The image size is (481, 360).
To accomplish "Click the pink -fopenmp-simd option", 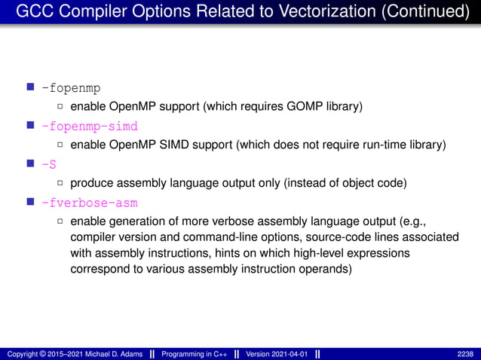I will tap(90, 126).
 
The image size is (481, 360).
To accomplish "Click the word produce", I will tap(92, 183).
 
